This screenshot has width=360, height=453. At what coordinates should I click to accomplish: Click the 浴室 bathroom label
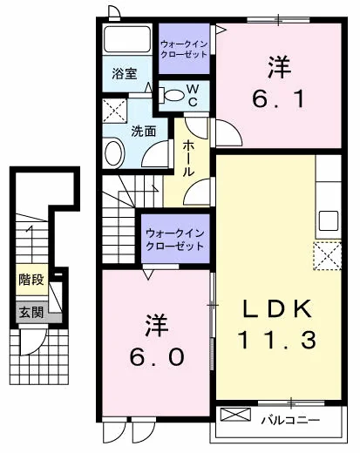[125, 74]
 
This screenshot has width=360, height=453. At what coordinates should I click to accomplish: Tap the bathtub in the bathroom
[127, 39]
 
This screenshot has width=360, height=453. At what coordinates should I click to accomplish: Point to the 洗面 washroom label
[144, 132]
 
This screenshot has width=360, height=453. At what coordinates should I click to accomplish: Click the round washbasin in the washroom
[114, 153]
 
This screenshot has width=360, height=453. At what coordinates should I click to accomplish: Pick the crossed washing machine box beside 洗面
[115, 111]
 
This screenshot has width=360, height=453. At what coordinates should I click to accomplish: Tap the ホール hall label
[188, 158]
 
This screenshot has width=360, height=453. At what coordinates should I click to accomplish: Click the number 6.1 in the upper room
[278, 99]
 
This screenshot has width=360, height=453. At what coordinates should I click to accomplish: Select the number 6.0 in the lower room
[157, 356]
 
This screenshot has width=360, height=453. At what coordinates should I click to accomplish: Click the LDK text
[277, 308]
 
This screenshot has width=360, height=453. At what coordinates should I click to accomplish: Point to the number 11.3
[277, 341]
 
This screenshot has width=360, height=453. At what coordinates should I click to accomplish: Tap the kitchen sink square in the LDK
[329, 220]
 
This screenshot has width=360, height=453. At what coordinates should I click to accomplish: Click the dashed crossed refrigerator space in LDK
[328, 256]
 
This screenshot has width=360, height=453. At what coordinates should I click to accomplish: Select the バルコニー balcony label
[290, 420]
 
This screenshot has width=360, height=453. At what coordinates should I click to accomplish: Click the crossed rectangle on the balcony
[235, 415]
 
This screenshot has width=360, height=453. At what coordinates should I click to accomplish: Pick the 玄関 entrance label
[31, 313]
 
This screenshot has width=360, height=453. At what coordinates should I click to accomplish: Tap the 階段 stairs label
[31, 280]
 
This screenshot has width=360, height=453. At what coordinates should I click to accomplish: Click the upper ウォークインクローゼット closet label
[184, 50]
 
